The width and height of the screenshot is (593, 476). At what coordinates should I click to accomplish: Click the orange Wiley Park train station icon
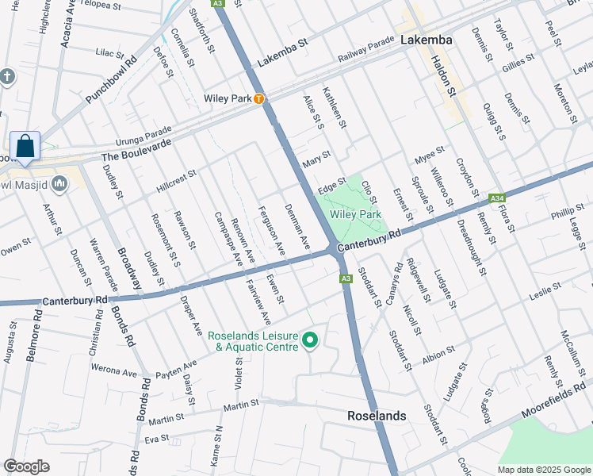[x=258, y=99]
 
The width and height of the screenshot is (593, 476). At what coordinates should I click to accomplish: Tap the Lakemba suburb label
[x=426, y=40]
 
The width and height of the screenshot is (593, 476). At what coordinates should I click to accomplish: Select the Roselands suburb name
[x=377, y=416]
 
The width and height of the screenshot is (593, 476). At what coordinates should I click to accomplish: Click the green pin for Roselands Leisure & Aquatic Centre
[x=310, y=341]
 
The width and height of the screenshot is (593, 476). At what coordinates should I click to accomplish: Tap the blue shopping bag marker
[x=25, y=147]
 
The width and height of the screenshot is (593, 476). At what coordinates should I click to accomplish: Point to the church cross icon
[x=7, y=77]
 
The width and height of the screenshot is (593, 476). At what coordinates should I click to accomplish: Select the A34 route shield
[x=497, y=198]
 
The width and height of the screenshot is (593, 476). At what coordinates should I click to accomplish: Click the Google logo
[x=27, y=466]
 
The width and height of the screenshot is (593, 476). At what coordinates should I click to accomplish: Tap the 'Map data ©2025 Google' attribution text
[x=544, y=470]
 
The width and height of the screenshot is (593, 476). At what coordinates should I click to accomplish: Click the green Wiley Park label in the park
[x=355, y=214]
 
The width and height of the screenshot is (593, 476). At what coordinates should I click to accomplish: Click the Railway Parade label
[x=365, y=48]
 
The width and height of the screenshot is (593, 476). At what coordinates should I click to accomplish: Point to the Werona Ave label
[x=114, y=370]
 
